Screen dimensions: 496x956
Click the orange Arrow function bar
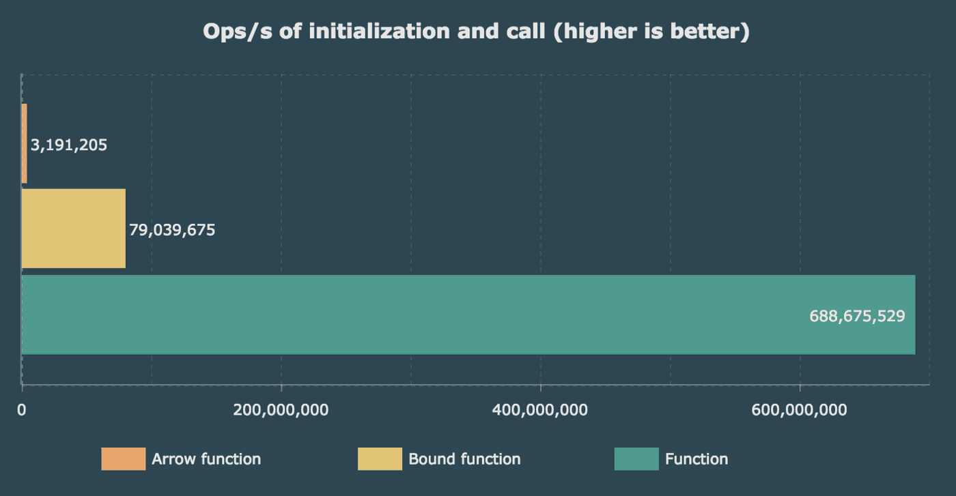pyautogui.click(x=25, y=144)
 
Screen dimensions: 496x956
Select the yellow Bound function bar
pyautogui.click(x=74, y=229)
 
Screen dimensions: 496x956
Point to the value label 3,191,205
pyautogui.click(x=69, y=145)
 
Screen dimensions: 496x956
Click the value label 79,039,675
pyautogui.click(x=172, y=230)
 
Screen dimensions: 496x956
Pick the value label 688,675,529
pyautogui.click(x=857, y=316)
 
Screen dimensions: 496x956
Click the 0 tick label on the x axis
pyautogui.click(x=22, y=410)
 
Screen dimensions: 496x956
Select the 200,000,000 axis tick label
pyautogui.click(x=281, y=410)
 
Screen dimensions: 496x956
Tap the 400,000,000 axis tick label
pyautogui.click(x=540, y=410)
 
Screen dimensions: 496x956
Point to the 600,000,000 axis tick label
pyautogui.click(x=800, y=410)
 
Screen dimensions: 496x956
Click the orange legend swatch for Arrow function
pyautogui.click(x=124, y=459)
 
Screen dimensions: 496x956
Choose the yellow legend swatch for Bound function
pyautogui.click(x=380, y=459)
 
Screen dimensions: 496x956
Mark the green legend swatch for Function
pyautogui.click(x=636, y=459)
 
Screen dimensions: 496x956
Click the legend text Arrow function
pyautogui.click(x=206, y=459)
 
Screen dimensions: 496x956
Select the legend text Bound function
pyautogui.click(x=464, y=459)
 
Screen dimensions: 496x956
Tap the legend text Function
pyautogui.click(x=697, y=459)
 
